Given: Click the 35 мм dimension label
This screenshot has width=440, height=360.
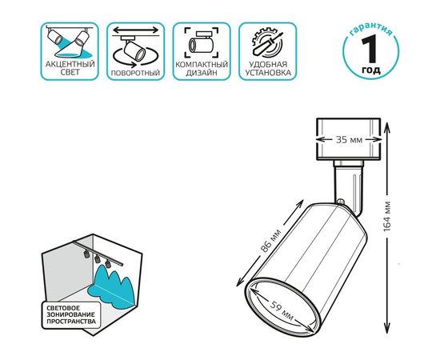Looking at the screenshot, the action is tap(349, 139).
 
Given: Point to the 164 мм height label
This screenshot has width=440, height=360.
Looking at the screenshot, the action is tap(387, 217).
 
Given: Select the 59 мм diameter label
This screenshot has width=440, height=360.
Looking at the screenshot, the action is tap(282, 311).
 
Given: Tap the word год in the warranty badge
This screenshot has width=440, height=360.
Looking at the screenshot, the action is tap(371, 70).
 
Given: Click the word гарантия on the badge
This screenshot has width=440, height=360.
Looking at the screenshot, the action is tap(371, 30).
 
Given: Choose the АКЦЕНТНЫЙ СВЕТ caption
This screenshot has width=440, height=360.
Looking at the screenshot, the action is tap(70, 68).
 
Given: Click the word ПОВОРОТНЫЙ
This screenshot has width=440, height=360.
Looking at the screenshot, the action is tap(135, 73).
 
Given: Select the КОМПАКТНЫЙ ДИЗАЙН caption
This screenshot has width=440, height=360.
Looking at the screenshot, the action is tap(202, 69).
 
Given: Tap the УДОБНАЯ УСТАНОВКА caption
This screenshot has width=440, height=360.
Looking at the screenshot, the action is tap(268, 69).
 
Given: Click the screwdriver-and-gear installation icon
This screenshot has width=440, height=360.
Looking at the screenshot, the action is tap(266, 42).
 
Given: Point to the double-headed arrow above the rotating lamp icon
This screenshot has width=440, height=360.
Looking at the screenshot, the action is tap(136, 30).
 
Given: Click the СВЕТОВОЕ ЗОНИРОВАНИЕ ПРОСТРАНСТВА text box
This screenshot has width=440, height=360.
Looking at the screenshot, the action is tap(71, 315).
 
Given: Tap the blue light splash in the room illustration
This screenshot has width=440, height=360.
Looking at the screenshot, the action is tap(113, 286).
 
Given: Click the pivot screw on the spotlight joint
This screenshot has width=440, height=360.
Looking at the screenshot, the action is tap(340, 202).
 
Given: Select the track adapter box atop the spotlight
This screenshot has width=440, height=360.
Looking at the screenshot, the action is tap(349, 139).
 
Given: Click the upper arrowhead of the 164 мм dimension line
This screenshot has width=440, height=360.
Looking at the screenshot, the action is tap(386, 126).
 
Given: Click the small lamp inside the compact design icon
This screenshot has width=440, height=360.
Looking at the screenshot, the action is tap(202, 43).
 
